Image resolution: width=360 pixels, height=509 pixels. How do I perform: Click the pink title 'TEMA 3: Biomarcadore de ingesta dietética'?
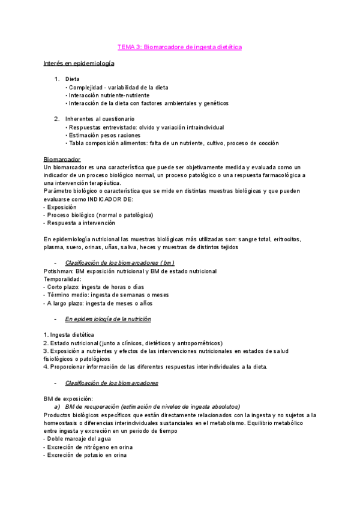coord(179,47)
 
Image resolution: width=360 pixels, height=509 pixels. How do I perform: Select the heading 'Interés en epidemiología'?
coord(79,63)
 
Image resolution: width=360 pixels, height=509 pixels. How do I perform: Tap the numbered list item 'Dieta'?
coord(72,79)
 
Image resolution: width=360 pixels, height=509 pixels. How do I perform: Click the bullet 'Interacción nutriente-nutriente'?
coord(109,95)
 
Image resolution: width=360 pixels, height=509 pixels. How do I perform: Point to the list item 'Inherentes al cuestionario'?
coord(100,119)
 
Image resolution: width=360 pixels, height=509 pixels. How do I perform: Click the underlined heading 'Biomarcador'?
coord(62,159)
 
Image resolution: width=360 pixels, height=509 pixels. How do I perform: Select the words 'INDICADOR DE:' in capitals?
coord(110,199)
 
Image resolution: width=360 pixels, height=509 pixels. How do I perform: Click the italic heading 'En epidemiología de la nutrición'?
coord(108,319)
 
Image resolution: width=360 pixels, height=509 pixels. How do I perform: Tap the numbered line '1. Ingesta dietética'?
coord(69,335)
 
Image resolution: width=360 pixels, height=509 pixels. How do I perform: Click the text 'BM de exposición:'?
coord(68,399)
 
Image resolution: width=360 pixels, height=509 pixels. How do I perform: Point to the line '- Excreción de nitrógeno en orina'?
coord(88,447)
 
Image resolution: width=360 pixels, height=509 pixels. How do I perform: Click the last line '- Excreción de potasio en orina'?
coord(85,455)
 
